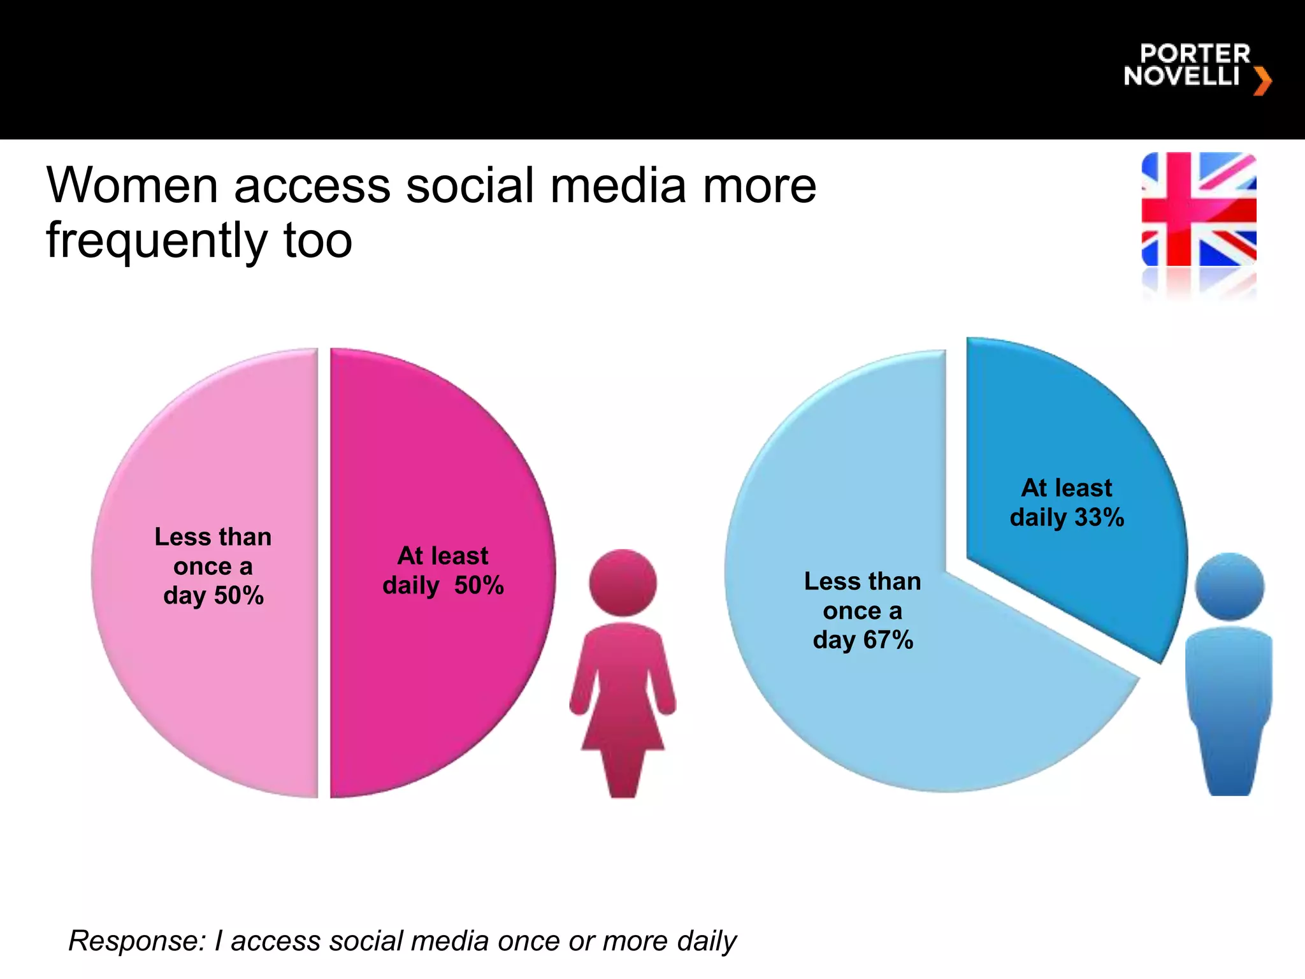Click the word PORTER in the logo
1195,54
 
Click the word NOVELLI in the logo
1181,76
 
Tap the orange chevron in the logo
1262,82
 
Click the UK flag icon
1199,209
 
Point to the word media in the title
618,186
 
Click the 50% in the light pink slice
239,596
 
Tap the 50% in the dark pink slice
479,585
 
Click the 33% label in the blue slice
1099,517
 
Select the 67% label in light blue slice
888,640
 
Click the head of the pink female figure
623,583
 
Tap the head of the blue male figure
1229,586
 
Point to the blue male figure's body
1228,701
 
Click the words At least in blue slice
1066,488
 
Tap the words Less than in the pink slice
213,537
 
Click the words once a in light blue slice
862,611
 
